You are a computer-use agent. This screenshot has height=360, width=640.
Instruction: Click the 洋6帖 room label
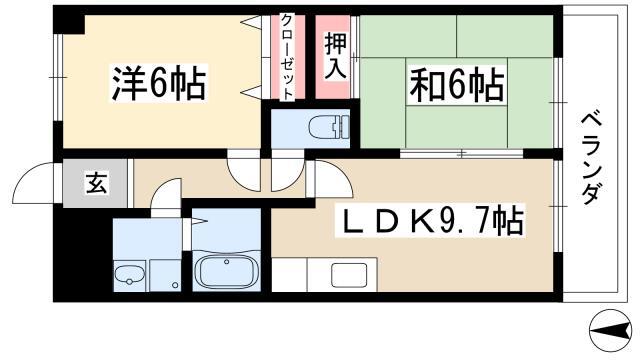159,84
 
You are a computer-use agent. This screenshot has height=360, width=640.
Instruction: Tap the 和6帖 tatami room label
457,85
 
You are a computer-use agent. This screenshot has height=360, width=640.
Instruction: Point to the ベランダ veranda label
591,159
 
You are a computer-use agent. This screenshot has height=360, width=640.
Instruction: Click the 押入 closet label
335,56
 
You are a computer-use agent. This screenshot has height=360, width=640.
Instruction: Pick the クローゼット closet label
287,57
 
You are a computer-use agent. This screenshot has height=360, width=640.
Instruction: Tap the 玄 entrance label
96,182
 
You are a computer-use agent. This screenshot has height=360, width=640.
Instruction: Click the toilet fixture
329,127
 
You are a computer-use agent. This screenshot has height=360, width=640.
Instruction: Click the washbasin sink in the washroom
129,276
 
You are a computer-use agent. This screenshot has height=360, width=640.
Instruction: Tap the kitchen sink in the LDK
349,275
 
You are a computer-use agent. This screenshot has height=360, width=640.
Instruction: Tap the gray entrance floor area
95,183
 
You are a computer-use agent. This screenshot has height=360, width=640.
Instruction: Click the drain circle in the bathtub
227,262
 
